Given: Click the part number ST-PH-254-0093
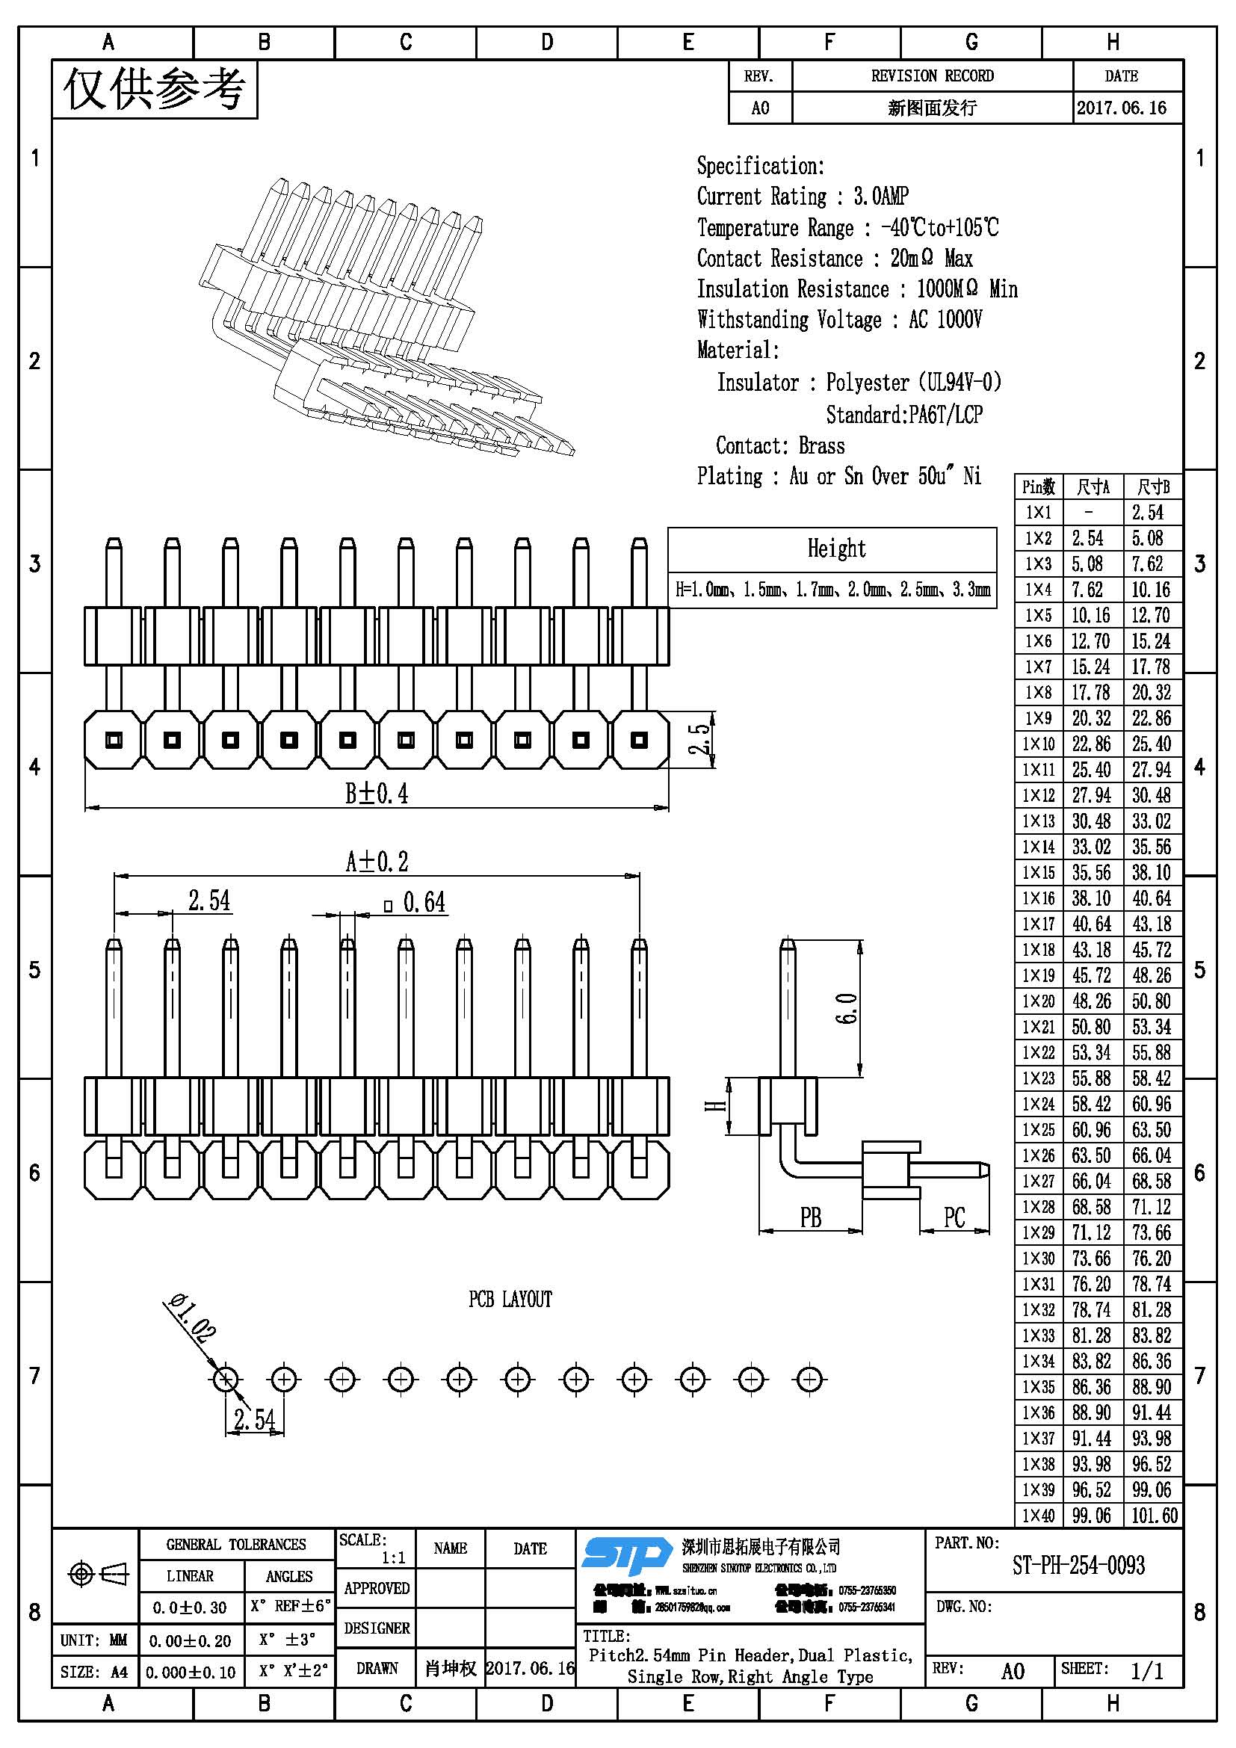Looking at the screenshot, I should coord(1078,1566).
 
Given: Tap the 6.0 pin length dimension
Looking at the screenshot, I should coord(847,1008).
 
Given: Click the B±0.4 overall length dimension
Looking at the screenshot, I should coord(376,794).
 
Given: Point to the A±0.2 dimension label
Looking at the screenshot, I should coord(377,862).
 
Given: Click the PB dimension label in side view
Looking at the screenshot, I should coord(811,1218).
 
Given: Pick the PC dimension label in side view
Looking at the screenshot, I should coord(954,1217).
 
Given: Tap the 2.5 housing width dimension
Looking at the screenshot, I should coord(700,739).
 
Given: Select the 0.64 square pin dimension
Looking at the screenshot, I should coord(423,903).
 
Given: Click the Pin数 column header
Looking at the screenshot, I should coord(1038,487).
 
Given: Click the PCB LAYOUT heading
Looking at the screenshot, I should coord(510,1299).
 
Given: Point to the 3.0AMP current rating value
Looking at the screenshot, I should coord(880,197).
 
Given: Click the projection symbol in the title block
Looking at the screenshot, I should coord(99,1573).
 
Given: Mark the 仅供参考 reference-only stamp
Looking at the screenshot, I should coord(155,90).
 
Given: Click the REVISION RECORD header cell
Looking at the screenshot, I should coord(932,76).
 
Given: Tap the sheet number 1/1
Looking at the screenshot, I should coord(1146,1672).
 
